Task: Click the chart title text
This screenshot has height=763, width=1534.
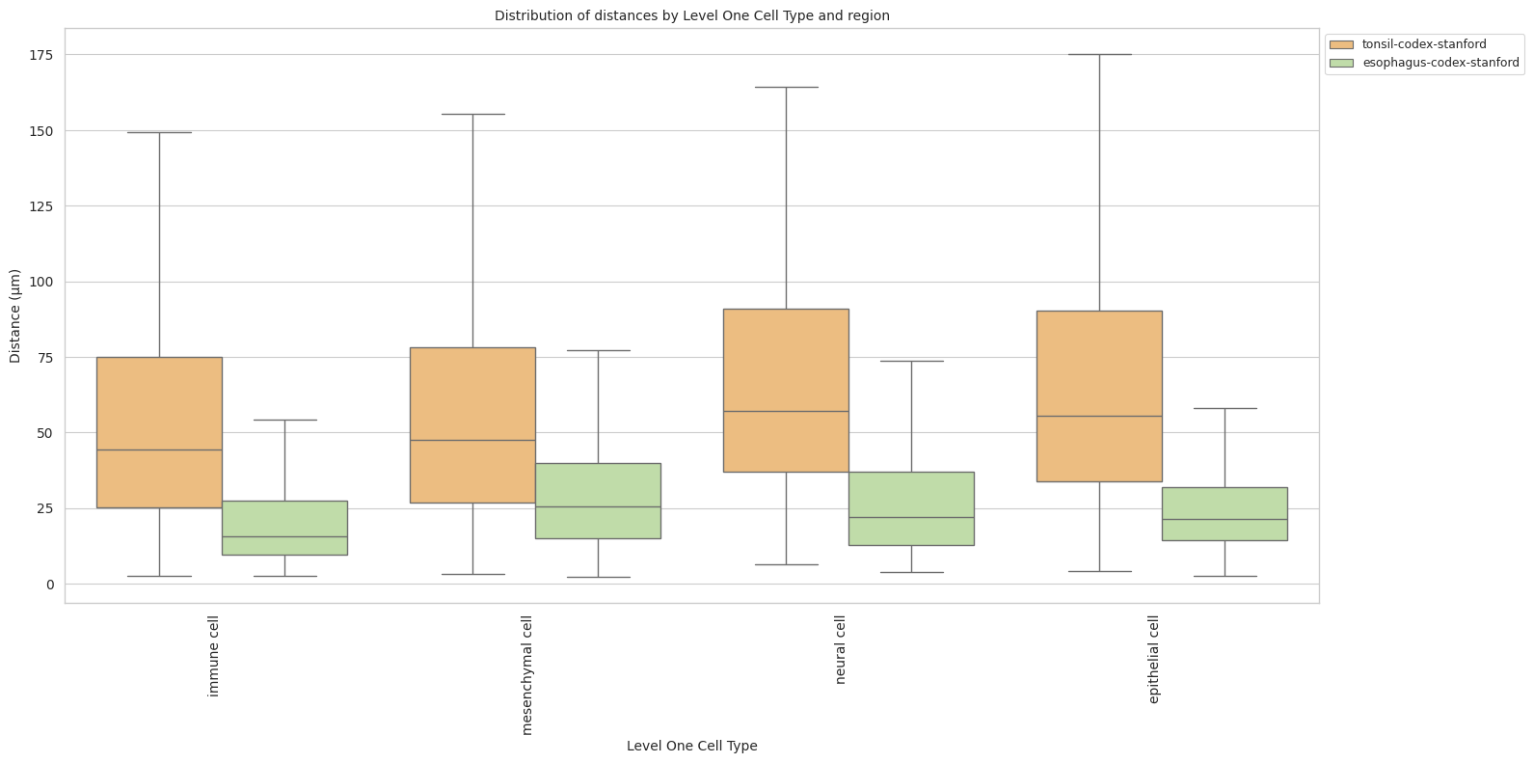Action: click(x=691, y=15)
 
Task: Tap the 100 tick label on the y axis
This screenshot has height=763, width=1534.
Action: click(x=42, y=282)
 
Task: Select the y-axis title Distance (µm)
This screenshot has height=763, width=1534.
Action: click(x=15, y=315)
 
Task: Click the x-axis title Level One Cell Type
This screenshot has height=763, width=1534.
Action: click(x=691, y=746)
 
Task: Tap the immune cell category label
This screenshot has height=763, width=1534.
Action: click(x=214, y=656)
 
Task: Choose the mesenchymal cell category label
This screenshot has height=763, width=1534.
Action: click(x=527, y=675)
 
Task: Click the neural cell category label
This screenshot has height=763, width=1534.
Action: click(x=841, y=650)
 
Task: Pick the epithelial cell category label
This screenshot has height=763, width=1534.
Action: click(x=1154, y=659)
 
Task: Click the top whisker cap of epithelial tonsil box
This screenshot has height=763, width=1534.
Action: click(x=1099, y=55)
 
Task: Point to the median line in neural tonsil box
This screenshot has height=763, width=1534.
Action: click(x=786, y=412)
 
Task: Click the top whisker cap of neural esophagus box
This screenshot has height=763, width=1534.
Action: click(x=911, y=361)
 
